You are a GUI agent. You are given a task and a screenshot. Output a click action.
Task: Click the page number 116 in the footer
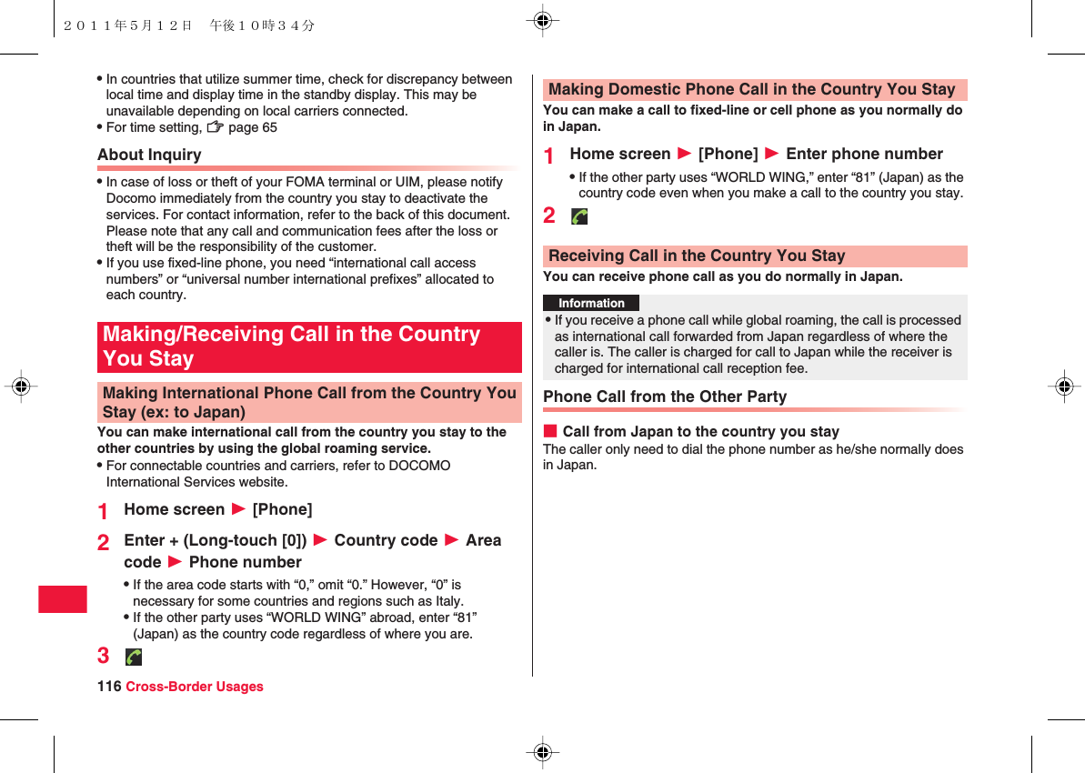[109, 687]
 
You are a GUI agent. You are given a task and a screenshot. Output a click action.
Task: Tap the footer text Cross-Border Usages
[194, 687]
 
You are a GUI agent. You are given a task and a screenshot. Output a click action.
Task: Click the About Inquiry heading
[150, 155]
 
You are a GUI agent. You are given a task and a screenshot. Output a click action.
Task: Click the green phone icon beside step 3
[134, 657]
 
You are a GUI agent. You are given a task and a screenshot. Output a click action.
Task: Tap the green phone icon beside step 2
[579, 216]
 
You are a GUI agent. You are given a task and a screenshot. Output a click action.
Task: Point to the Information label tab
[591, 303]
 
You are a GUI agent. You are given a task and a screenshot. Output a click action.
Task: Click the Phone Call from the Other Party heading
[665, 397]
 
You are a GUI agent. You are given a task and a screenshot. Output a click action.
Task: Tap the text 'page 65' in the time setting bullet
[253, 127]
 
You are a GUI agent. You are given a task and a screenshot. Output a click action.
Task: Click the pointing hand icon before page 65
[215, 127]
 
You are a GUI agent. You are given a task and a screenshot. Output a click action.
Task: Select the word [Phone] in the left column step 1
[282, 509]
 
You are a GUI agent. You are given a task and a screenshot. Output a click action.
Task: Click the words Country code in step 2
[386, 540]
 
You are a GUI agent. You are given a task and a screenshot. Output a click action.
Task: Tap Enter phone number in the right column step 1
[864, 154]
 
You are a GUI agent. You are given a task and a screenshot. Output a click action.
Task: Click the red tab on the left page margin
[63, 599]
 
